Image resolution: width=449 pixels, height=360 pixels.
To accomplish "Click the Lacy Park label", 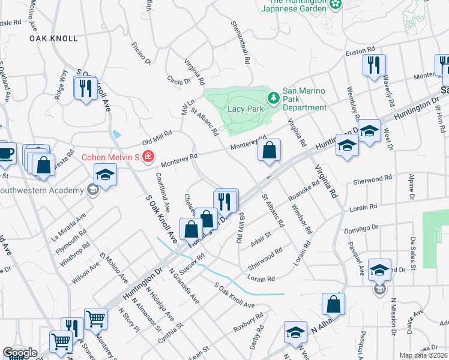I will click(246, 109).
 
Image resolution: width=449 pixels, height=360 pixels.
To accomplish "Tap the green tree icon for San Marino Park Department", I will click(274, 97).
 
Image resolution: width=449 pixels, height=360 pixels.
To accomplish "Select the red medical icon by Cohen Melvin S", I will click(148, 157).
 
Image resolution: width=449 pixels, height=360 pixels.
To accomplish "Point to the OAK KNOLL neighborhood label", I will click(54, 38).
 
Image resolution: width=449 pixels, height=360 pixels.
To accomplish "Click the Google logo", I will click(20, 353).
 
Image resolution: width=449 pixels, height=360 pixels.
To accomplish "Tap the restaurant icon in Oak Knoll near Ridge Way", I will click(85, 88).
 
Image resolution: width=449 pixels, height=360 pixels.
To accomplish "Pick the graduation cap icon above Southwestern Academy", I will click(105, 175).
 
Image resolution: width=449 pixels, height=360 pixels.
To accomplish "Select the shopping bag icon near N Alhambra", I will click(333, 304).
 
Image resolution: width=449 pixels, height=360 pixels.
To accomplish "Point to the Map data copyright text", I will click(423, 355).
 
